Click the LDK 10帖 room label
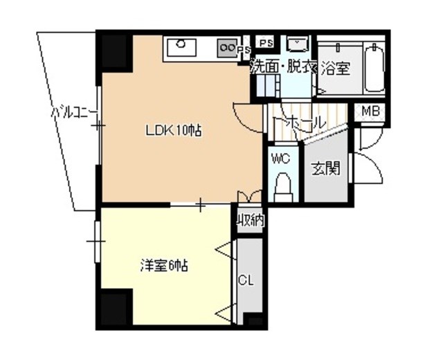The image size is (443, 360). click(x=174, y=131)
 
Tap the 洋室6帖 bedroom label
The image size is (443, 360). click(x=164, y=266)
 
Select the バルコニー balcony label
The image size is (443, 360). click(x=74, y=113)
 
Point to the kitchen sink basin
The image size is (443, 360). click(x=181, y=48)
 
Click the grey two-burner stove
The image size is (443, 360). click(x=227, y=48)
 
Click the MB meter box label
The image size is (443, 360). click(x=371, y=111)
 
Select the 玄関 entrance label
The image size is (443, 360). click(x=326, y=168)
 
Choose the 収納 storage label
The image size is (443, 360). click(x=251, y=220)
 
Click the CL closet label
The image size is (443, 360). click(x=246, y=280)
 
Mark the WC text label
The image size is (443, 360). click(x=280, y=159)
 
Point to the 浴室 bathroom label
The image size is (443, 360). click(x=336, y=69)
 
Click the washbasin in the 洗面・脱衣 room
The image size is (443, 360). click(x=297, y=44)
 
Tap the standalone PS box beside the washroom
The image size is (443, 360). click(x=266, y=43)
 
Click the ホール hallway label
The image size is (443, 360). click(x=300, y=123)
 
